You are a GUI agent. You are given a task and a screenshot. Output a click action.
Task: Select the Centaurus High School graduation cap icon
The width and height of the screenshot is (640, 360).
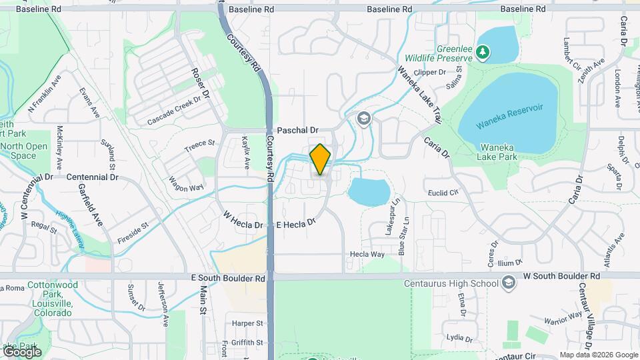click(509, 283)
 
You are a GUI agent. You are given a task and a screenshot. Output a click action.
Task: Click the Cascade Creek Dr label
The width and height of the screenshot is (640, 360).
click(174, 111)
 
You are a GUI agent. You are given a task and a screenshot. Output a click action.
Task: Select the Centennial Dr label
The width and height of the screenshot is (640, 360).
click(92, 177)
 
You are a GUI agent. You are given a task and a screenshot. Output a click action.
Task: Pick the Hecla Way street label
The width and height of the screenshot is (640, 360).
click(367, 254)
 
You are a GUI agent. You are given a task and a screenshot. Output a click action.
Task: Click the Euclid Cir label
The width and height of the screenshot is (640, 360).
click(444, 192)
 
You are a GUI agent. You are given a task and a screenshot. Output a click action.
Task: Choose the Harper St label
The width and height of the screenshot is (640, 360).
click(248, 323)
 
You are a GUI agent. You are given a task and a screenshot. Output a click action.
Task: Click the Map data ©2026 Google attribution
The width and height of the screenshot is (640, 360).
click(598, 355)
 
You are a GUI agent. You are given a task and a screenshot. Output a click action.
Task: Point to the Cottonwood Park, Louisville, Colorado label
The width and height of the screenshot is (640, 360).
click(47, 299)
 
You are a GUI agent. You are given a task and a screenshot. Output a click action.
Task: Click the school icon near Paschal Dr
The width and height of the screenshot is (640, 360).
click(363, 119)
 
